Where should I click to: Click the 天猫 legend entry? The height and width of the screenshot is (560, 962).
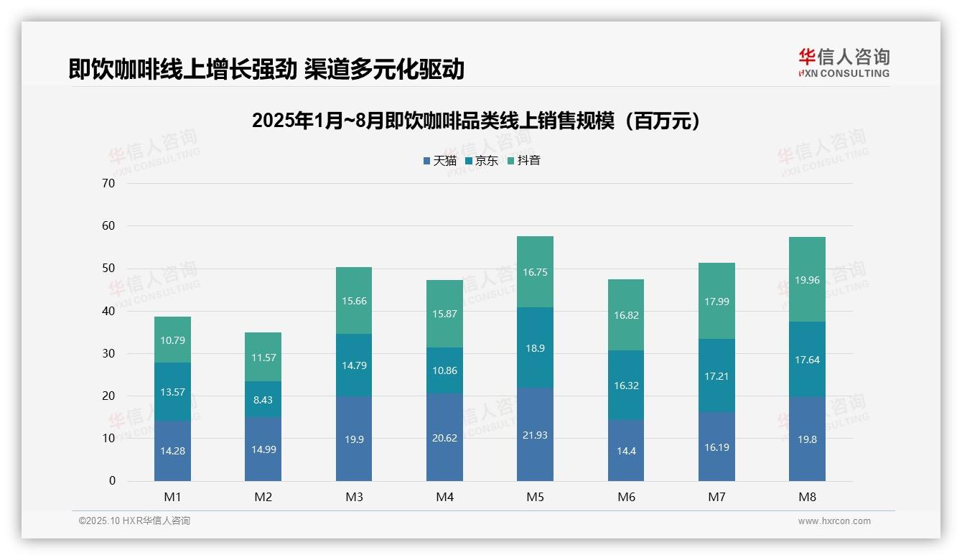pos(440,161)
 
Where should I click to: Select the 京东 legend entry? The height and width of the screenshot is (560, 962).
pos(482,161)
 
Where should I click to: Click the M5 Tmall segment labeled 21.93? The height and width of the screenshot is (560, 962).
pos(535,435)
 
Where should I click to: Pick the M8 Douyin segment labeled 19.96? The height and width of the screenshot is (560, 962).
pos(807,281)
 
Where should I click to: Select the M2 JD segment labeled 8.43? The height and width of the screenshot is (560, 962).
pos(263,400)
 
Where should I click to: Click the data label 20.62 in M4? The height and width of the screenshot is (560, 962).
pos(444,438)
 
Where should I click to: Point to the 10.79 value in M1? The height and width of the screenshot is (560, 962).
pos(172,340)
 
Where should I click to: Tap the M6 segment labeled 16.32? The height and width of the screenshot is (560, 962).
pos(626,386)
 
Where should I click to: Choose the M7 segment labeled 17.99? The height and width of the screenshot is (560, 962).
pos(716,302)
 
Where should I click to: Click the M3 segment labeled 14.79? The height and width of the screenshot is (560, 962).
pos(354,365)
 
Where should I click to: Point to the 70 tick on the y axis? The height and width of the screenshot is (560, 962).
pos(108,184)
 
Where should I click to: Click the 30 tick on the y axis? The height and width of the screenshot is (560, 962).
pos(108,354)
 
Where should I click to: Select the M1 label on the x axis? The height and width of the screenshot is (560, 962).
pos(172,497)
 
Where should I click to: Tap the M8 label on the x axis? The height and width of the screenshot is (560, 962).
pos(807,497)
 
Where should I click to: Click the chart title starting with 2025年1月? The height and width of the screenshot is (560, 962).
pos(476,121)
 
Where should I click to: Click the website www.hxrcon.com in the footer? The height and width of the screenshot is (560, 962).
pos(834,521)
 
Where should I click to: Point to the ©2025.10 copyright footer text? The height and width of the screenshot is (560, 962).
pos(134,521)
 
